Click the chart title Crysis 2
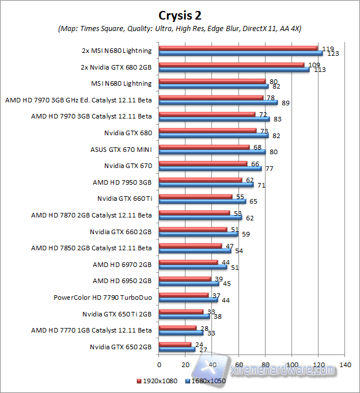click(x=180, y=14)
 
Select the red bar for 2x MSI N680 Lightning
click(x=238, y=48)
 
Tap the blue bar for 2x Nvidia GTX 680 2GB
click(x=234, y=70)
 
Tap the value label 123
click(x=333, y=54)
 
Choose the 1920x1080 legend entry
click(x=158, y=380)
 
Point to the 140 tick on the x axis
click(x=345, y=365)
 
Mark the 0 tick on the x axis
click(x=158, y=365)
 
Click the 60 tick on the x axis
click(x=238, y=365)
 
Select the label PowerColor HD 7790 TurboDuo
click(x=103, y=297)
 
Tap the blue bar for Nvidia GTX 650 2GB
click(x=176, y=349)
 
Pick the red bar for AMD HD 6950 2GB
click(x=184, y=278)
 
